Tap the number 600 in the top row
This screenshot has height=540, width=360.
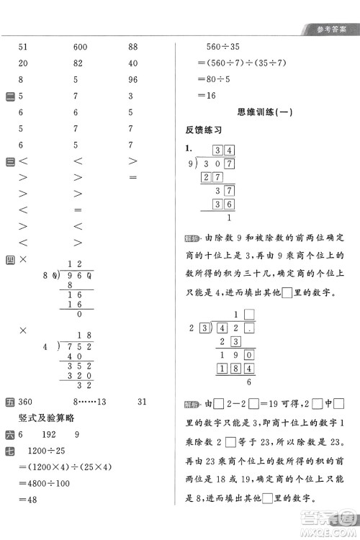81,47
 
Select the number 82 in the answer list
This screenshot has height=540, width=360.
78,63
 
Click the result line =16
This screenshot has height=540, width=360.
207,95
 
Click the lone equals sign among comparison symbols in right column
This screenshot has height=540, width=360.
132,176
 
